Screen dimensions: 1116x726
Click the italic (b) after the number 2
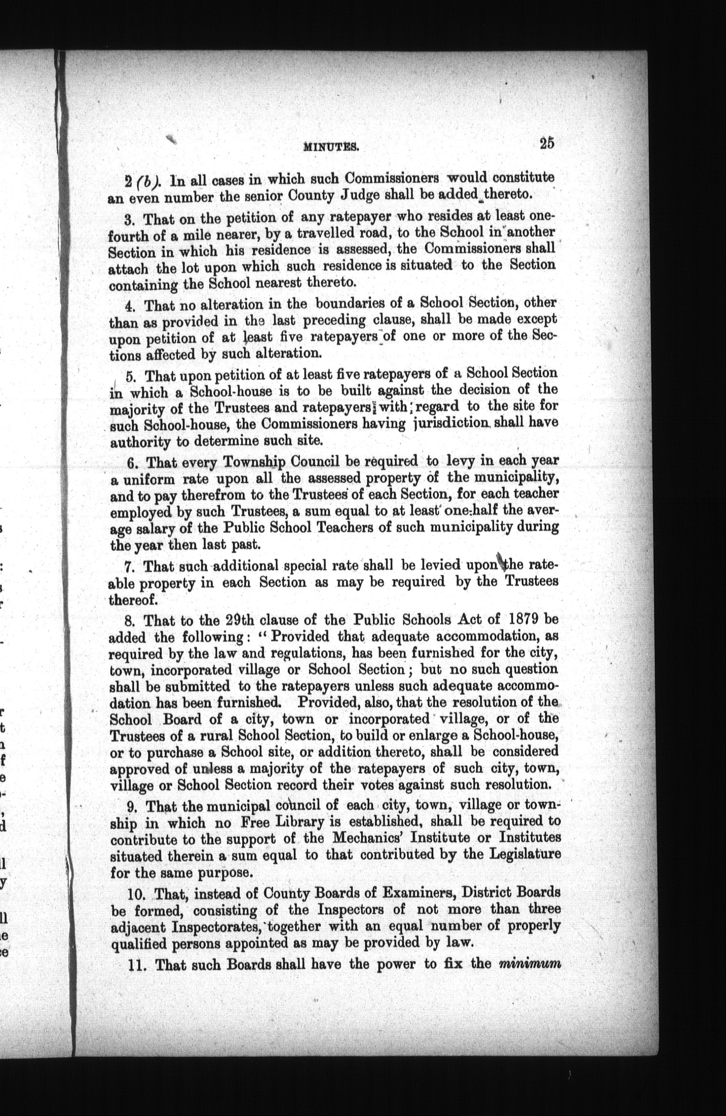(x=144, y=182)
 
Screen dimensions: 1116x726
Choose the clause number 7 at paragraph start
(x=128, y=566)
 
